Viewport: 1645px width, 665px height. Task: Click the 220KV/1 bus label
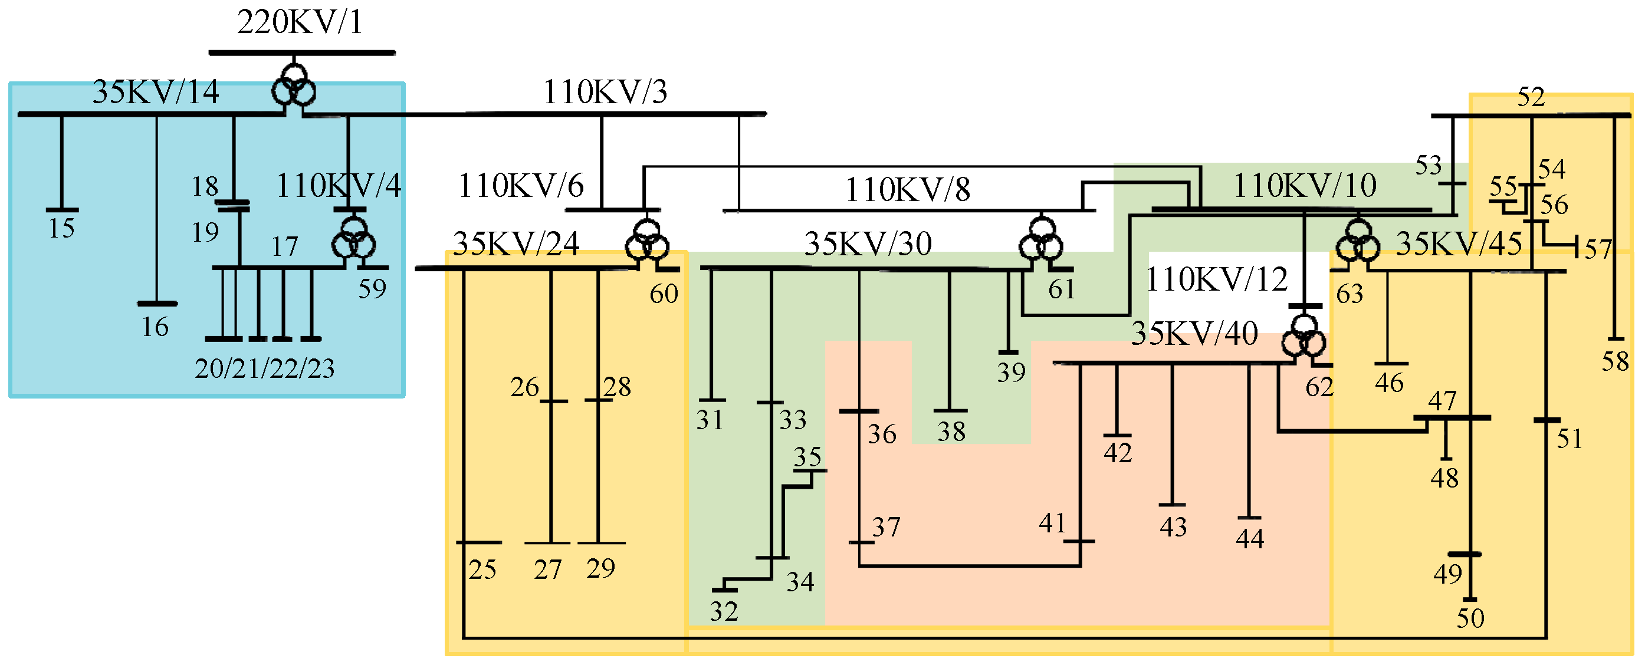tap(300, 22)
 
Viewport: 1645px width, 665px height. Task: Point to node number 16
tap(155, 327)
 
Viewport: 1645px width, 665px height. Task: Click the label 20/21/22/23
tap(264, 369)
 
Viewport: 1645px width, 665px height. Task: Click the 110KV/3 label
tap(605, 92)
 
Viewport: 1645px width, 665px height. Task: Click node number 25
tap(482, 570)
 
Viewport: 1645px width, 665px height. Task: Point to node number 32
tap(724, 612)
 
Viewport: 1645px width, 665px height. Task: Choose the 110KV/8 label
tap(907, 190)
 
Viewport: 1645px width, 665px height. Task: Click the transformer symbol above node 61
tap(1041, 241)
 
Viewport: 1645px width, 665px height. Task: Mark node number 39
tap(1012, 373)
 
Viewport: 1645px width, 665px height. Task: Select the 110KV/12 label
tap(1217, 279)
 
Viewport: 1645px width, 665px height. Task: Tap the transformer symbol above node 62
tap(1303, 338)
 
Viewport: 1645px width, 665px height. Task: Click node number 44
tap(1250, 539)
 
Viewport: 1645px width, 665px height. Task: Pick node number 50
tap(1470, 618)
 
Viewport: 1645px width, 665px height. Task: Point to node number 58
tap(1615, 362)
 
